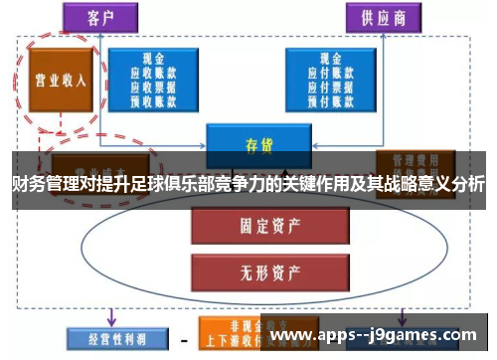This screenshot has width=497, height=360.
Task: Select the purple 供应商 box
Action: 383,17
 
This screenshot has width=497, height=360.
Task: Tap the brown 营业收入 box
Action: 58,80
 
